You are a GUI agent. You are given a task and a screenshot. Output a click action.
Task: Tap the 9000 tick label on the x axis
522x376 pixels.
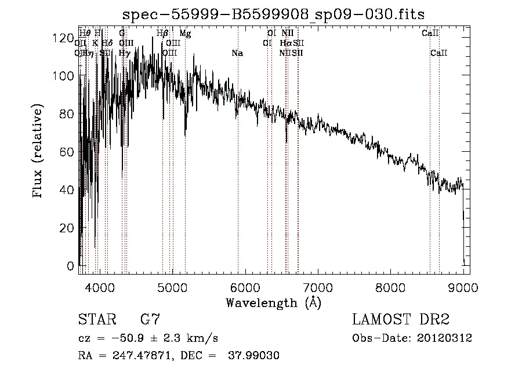click(463, 287)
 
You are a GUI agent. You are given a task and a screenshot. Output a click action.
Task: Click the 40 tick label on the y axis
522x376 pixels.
click(67, 190)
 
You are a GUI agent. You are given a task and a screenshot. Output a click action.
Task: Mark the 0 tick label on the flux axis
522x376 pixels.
click(71, 267)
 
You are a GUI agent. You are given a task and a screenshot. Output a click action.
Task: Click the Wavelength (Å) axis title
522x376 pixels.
click(273, 302)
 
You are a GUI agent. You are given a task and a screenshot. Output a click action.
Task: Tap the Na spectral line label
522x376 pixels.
click(237, 53)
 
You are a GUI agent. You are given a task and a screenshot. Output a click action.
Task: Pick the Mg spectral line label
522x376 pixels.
click(185, 34)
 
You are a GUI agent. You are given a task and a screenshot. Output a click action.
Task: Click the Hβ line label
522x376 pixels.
click(162, 34)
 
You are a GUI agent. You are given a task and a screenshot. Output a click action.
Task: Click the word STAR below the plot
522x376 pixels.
click(95, 320)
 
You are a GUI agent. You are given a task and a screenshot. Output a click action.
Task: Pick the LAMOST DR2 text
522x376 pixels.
click(401, 320)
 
